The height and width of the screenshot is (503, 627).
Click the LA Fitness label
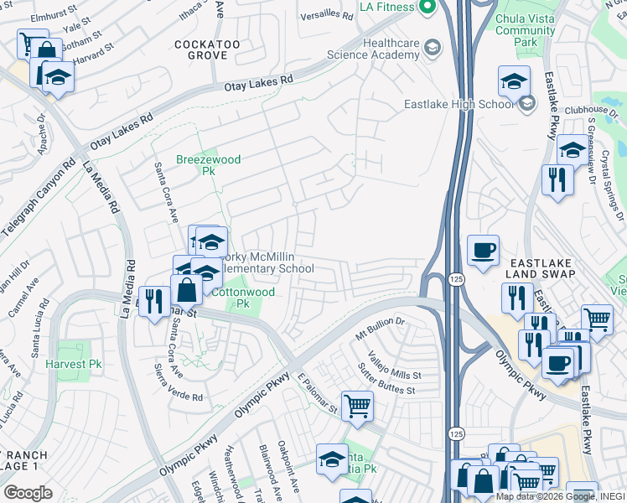click(386, 7)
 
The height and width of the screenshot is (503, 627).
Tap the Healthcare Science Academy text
click(391, 49)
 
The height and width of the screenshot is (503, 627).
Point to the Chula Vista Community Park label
click(526, 30)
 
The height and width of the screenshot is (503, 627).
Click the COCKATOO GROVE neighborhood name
click(200, 49)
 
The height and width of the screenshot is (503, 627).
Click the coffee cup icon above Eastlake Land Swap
click(483, 251)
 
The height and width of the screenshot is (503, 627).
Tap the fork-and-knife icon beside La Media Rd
click(153, 300)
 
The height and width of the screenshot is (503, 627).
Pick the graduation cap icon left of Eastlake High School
click(514, 82)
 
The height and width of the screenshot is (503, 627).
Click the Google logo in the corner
click(28, 492)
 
